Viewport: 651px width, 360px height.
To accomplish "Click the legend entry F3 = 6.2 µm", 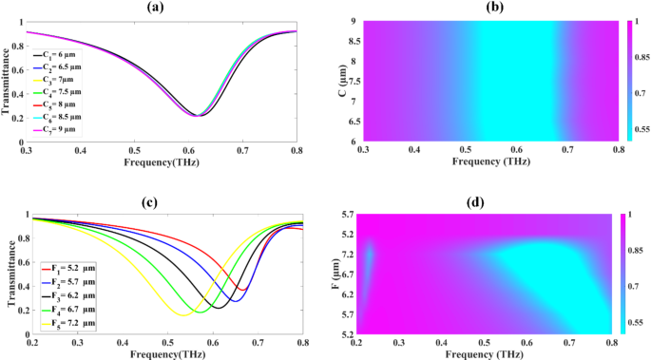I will coord(76,297).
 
